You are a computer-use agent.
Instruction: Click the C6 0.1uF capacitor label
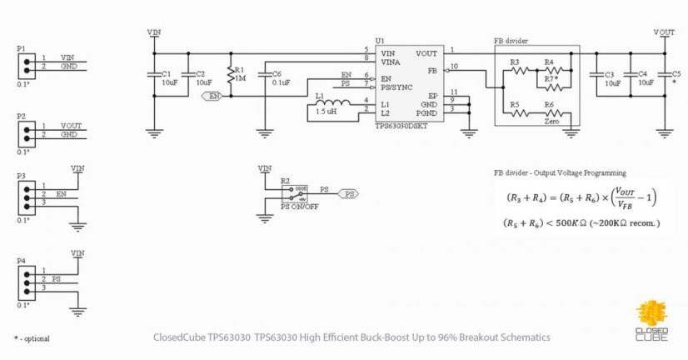click(281, 78)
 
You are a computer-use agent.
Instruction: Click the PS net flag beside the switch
click(348, 193)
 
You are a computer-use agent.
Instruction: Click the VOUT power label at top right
click(664, 32)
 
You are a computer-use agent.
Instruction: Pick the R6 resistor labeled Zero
click(549, 113)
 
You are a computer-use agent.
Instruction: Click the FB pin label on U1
click(431, 71)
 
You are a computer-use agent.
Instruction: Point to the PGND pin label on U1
click(426, 112)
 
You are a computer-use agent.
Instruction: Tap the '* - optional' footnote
click(32, 338)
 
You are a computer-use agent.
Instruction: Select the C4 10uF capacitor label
click(646, 78)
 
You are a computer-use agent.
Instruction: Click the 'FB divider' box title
click(511, 42)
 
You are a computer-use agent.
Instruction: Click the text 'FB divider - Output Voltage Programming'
click(559, 172)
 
